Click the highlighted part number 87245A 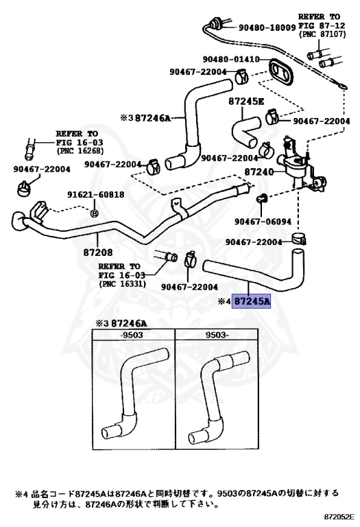pyautogui.click(x=252, y=301)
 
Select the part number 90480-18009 pyautogui.click(x=267, y=27)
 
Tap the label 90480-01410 pyautogui.click(x=231, y=59)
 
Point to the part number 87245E pyautogui.click(x=246, y=101)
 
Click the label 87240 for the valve pyautogui.click(x=259, y=172)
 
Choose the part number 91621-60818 pyautogui.click(x=96, y=195)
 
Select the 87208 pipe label pyautogui.click(x=98, y=252)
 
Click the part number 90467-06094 pyautogui.click(x=263, y=222)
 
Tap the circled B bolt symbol pyautogui.click(x=95, y=213)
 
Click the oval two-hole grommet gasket pyautogui.click(x=280, y=71)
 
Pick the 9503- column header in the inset pyautogui.click(x=217, y=335)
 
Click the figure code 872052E pyautogui.click(x=339, y=516)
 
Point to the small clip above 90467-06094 pyautogui.click(x=262, y=198)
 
